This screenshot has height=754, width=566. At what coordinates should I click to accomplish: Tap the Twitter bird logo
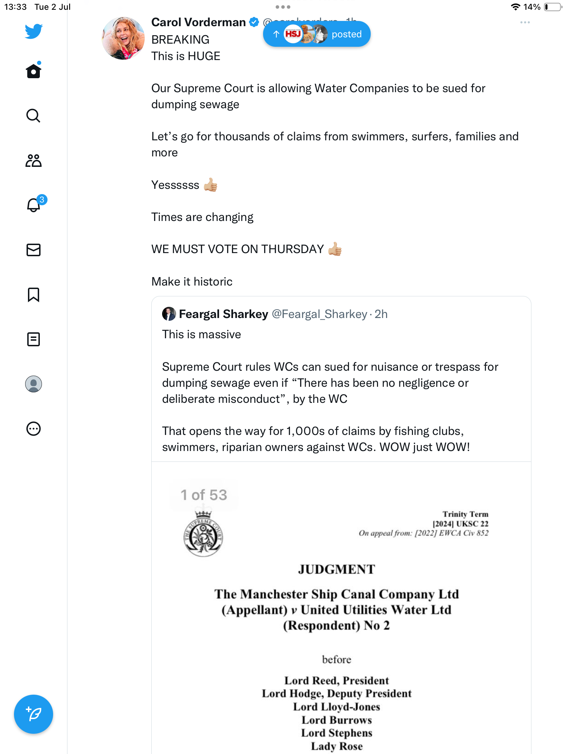click(34, 31)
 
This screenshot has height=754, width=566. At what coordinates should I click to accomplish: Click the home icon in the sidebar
click(34, 71)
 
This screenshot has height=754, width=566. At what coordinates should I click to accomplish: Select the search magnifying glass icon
click(34, 116)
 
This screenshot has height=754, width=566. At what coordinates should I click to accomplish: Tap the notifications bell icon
click(34, 205)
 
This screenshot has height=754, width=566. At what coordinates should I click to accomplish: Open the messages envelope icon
click(34, 250)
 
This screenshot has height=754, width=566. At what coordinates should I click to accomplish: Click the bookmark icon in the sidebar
click(34, 295)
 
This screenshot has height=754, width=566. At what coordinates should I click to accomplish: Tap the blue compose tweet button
click(34, 714)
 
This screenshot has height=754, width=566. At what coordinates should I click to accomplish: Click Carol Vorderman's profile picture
click(123, 38)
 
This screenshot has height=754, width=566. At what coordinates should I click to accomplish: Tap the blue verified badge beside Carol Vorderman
click(254, 22)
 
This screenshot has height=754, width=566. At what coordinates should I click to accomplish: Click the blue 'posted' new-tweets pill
click(317, 34)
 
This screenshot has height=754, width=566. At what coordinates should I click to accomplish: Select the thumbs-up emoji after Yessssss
click(211, 185)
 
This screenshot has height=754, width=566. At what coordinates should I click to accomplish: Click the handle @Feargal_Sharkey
click(319, 314)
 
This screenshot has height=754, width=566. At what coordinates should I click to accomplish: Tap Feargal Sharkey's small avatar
click(169, 314)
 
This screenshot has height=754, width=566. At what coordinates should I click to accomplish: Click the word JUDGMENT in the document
click(336, 570)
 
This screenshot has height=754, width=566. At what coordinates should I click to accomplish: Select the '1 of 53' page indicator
click(204, 495)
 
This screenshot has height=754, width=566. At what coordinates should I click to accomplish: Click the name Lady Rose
click(337, 746)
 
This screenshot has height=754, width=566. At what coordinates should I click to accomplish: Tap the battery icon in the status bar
click(553, 7)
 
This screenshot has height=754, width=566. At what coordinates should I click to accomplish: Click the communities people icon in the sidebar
click(34, 161)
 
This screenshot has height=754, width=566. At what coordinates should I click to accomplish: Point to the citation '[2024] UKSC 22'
click(460, 524)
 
